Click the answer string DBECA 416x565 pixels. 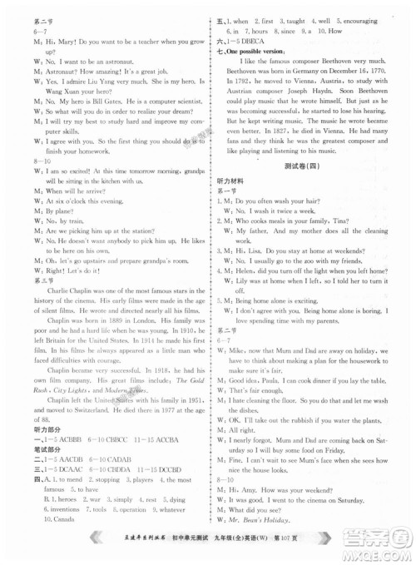[261, 38]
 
